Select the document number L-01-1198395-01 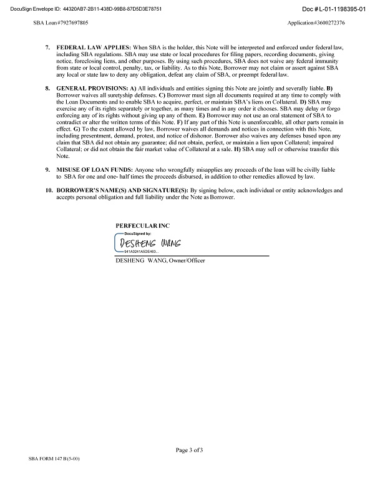pos(333,9)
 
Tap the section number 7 pos(48,47)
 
